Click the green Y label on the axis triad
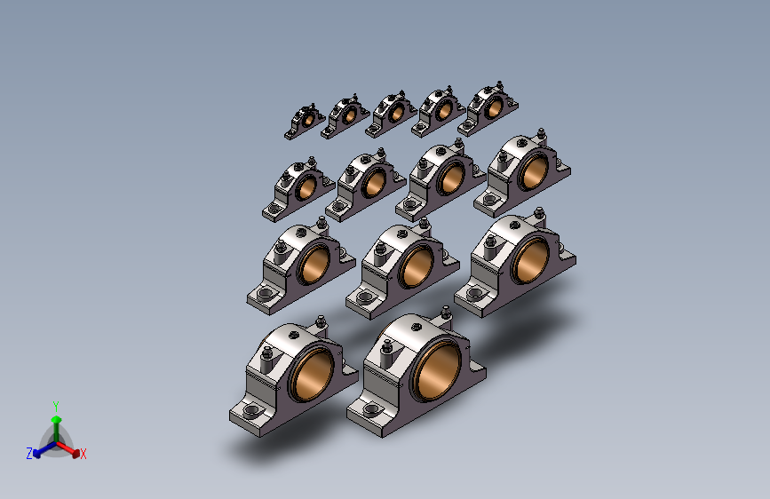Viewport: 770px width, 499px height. [56, 407]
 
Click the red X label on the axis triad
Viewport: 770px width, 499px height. [83, 454]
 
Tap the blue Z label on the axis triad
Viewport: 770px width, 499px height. [29, 454]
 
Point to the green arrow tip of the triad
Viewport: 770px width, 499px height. [57, 419]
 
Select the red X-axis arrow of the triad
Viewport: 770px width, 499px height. [67, 448]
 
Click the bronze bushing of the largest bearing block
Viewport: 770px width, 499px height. [438, 370]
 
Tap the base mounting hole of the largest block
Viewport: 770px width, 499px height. [372, 409]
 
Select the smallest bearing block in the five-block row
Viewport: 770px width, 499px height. [305, 122]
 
